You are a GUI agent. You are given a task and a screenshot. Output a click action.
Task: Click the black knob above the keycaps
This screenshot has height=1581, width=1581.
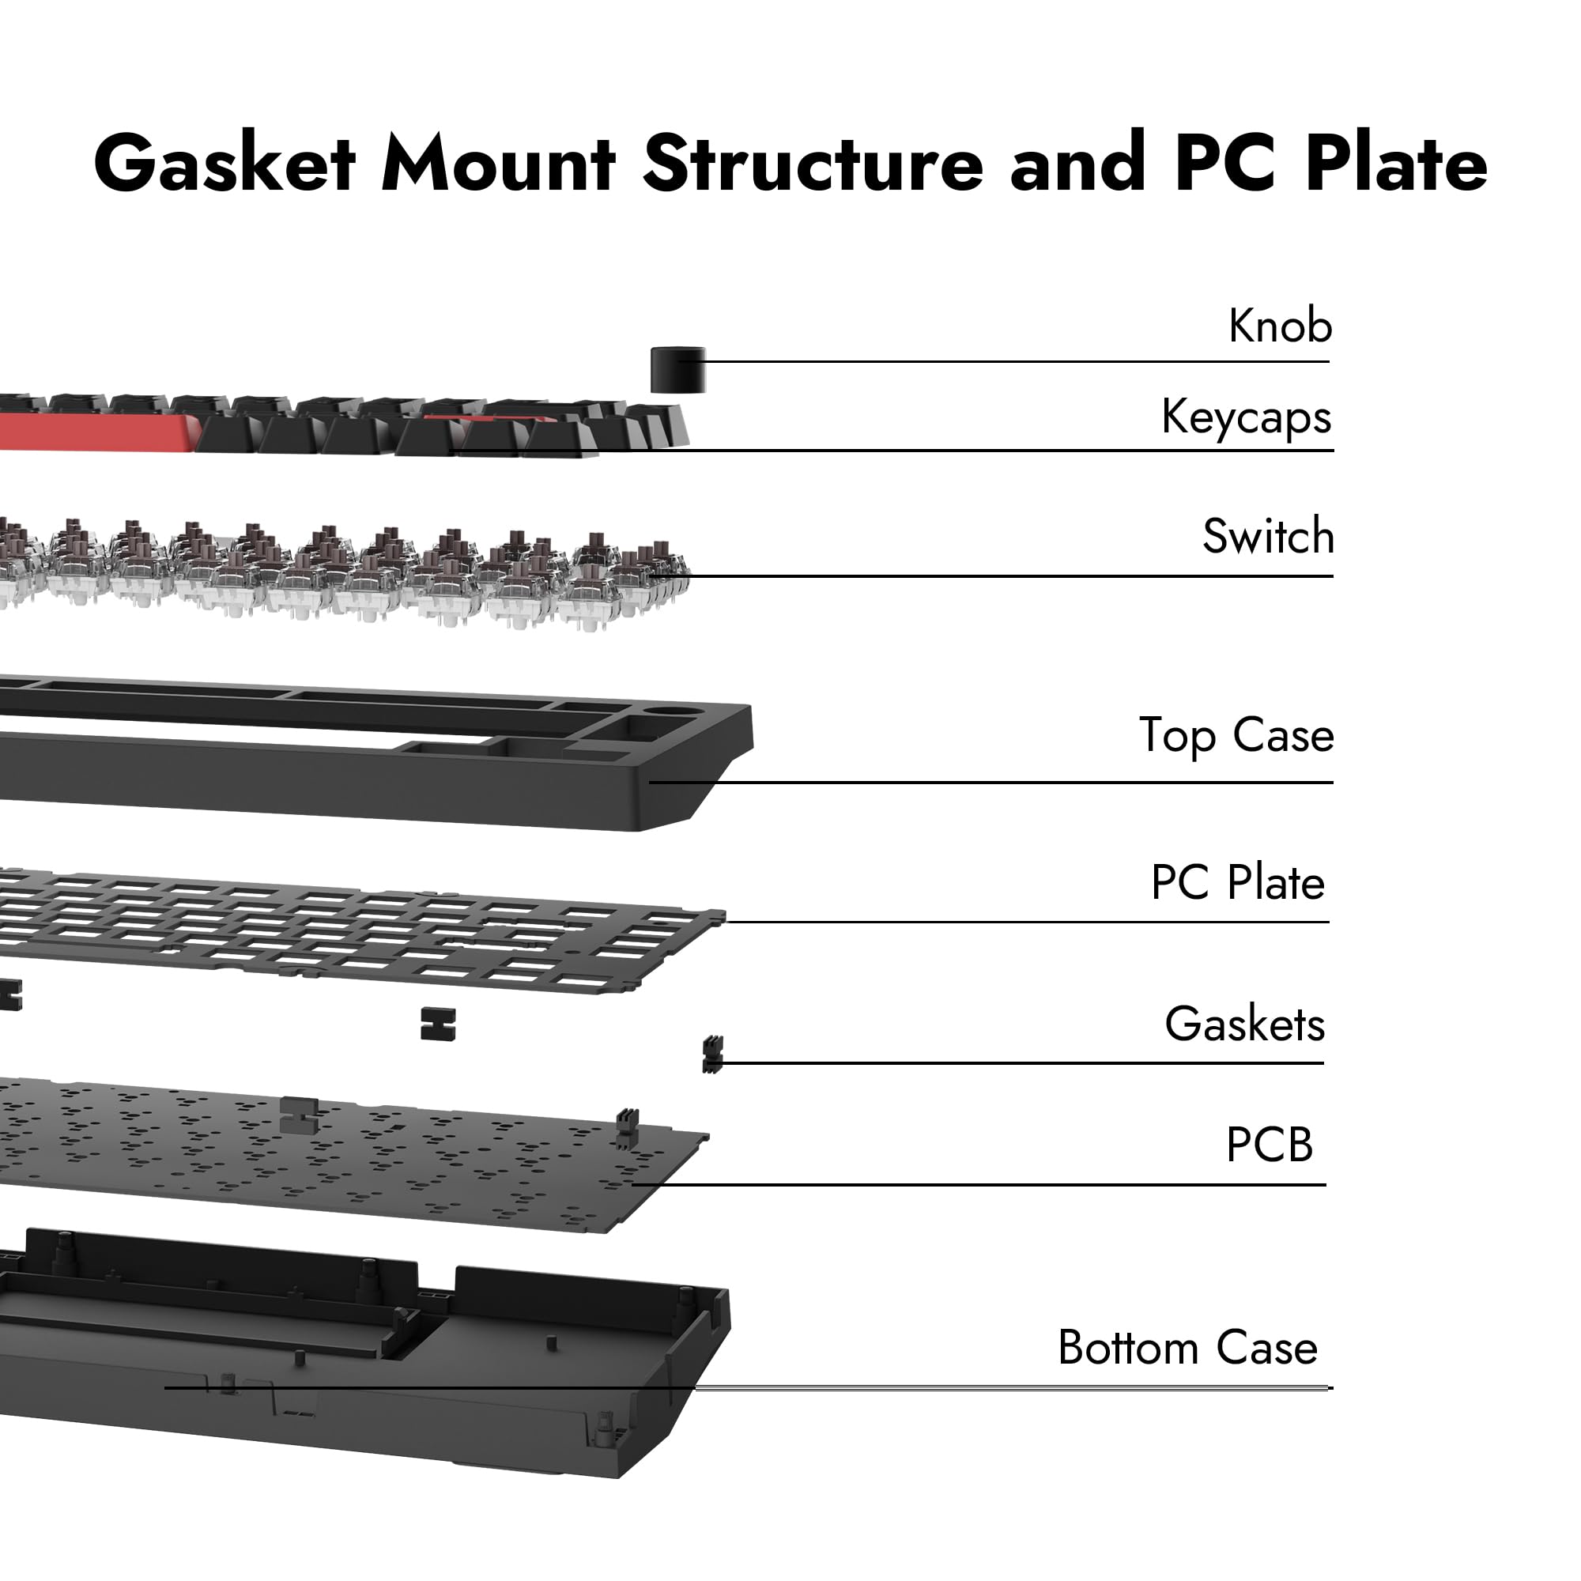point(677,370)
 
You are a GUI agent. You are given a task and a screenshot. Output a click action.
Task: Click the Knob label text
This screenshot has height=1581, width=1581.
point(1279,326)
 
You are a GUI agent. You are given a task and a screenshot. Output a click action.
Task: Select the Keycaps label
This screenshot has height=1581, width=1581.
point(1246,417)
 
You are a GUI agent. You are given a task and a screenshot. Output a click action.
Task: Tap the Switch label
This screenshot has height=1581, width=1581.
point(1268,537)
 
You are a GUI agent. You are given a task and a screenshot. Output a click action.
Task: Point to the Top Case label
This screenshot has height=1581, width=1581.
point(1236,735)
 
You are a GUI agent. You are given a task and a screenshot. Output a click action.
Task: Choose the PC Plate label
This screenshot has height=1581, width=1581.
point(1236,882)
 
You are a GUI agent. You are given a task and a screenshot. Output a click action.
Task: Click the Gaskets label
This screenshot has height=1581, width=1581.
point(1243,1024)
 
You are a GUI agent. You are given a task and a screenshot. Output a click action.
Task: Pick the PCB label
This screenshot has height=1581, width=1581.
point(1269,1145)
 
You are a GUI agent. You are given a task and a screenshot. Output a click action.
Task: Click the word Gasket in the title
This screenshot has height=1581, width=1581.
point(225,164)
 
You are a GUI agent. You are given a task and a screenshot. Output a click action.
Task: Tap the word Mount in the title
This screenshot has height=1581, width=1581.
point(497,164)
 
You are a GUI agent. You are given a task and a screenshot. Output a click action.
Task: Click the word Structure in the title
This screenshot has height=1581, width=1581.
point(813,164)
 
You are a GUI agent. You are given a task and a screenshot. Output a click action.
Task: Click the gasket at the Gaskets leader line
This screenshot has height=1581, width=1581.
point(712,1054)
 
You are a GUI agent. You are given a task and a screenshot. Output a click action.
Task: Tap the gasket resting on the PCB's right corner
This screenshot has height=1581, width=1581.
point(626,1130)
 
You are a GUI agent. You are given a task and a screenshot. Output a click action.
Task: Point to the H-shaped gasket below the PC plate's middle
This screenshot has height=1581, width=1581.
point(437,1024)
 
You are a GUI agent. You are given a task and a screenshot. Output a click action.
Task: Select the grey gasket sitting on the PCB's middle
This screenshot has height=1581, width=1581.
point(299,1115)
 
